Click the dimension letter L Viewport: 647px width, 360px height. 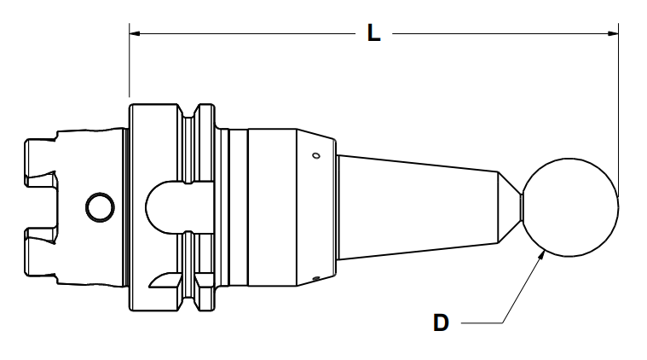point(373,33)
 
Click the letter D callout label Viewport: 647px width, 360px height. point(441,323)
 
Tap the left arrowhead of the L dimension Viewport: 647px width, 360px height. point(135,34)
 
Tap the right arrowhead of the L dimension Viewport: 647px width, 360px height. point(614,34)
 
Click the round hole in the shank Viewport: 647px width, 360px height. point(100,206)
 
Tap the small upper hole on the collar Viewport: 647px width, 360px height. point(315,156)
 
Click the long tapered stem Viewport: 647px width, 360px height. point(418,206)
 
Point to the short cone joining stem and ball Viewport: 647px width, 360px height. point(510,206)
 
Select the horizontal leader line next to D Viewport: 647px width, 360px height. point(482,323)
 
